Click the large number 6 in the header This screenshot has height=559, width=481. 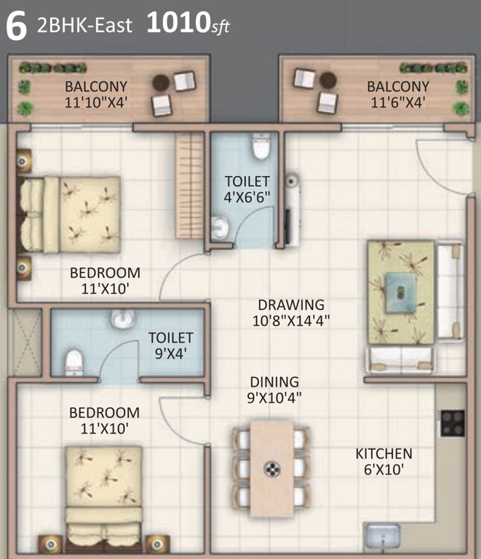point(16,26)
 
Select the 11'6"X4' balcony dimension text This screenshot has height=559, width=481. point(397,103)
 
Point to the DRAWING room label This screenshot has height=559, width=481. point(291,305)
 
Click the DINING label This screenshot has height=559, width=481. point(274,381)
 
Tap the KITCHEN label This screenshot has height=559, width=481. point(383,453)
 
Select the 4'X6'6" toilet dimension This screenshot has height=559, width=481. point(247,196)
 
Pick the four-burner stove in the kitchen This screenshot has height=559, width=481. point(452,422)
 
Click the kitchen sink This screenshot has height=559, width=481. point(383,538)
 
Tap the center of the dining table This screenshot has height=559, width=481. point(272,469)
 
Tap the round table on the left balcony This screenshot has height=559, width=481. point(161,83)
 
